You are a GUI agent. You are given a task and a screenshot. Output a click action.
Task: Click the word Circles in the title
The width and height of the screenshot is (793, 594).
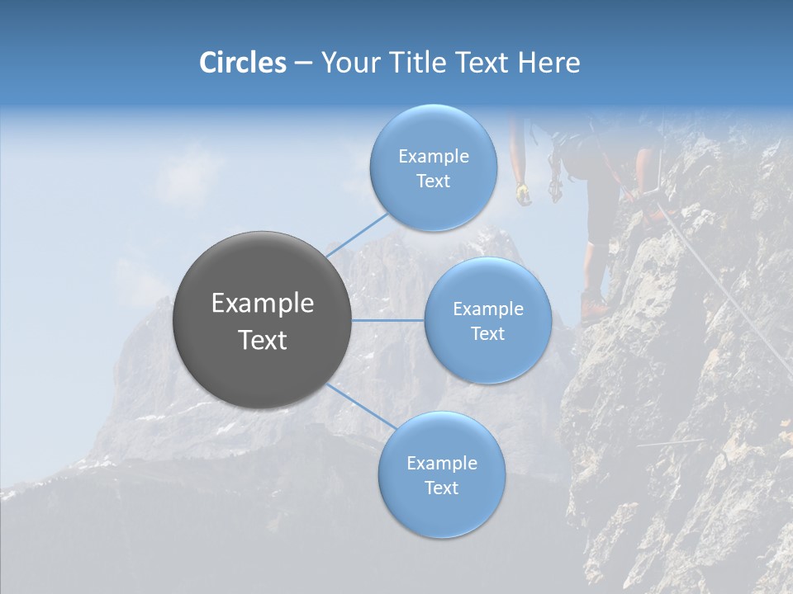pyautogui.click(x=242, y=63)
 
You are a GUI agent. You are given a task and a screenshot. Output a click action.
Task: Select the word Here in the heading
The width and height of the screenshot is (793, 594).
pyautogui.click(x=549, y=63)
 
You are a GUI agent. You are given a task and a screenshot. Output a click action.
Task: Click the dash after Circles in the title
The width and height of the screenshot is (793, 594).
pyautogui.click(x=302, y=64)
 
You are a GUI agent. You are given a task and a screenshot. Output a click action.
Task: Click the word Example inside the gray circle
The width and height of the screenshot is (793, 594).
pyautogui.click(x=263, y=304)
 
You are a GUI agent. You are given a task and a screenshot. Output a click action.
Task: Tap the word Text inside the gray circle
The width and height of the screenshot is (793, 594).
pyautogui.click(x=263, y=340)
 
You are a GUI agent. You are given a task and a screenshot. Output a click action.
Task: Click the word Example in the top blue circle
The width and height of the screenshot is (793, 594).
pyautogui.click(x=433, y=157)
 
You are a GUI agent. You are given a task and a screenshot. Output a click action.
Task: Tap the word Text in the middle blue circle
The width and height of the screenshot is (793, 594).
pyautogui.click(x=487, y=333)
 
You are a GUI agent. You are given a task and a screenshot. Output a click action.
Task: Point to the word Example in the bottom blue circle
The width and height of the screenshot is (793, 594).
pyautogui.click(x=441, y=464)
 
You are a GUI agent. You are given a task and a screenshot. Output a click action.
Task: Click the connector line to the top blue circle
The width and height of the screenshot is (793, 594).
pyautogui.click(x=357, y=234)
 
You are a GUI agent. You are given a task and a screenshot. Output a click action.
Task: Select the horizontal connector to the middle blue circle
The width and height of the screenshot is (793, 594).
pyautogui.click(x=387, y=320)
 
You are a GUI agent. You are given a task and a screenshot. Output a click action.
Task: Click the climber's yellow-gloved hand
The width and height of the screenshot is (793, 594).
pyautogui.click(x=523, y=194)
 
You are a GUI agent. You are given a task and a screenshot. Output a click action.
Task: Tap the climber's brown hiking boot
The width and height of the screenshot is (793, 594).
pyautogui.click(x=593, y=306)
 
